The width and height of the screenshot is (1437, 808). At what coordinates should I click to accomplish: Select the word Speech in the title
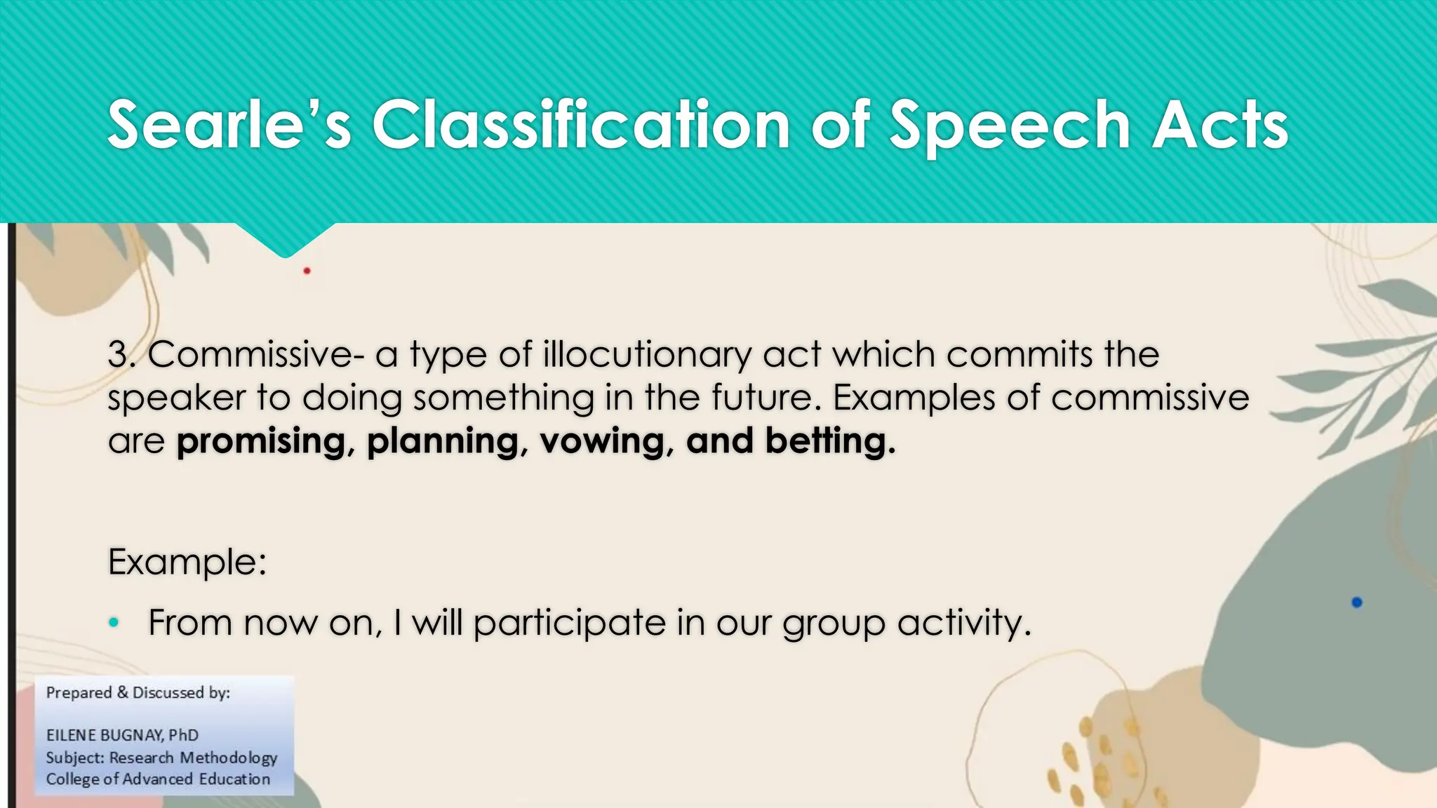tap(1010, 126)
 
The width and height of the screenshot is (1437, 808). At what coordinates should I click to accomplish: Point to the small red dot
tap(307, 271)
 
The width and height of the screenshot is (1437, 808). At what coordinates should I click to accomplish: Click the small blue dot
tap(1356, 602)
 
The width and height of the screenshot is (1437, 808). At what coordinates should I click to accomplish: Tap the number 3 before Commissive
tap(118, 354)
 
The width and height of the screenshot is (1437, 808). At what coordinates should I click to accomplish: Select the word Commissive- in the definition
tap(256, 354)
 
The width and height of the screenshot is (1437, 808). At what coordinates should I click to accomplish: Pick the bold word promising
tap(261, 442)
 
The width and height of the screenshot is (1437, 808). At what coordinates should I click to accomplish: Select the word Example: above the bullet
tap(187, 562)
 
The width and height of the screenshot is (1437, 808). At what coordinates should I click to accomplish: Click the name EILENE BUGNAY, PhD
tap(122, 735)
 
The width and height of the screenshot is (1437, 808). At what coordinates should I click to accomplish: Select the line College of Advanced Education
tap(158, 779)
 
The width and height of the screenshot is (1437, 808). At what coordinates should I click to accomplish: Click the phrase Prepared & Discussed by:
tap(138, 693)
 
